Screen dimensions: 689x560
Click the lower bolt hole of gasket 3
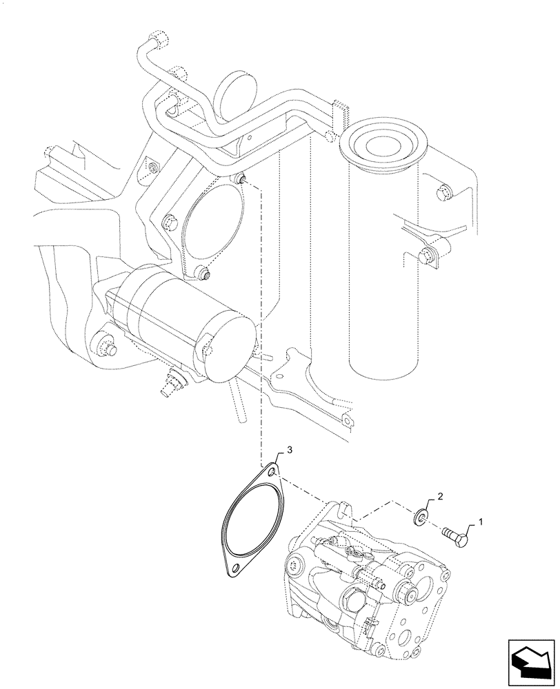click(x=236, y=568)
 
